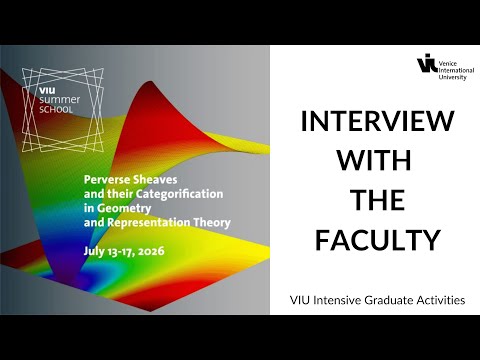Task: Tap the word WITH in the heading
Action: tap(376, 162)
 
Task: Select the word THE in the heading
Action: tap(376, 201)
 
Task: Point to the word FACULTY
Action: tap(376, 241)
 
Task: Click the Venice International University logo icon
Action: tap(427, 65)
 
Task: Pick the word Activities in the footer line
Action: tap(444, 300)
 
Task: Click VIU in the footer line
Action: tap(300, 300)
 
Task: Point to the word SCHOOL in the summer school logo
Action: tap(49, 111)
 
